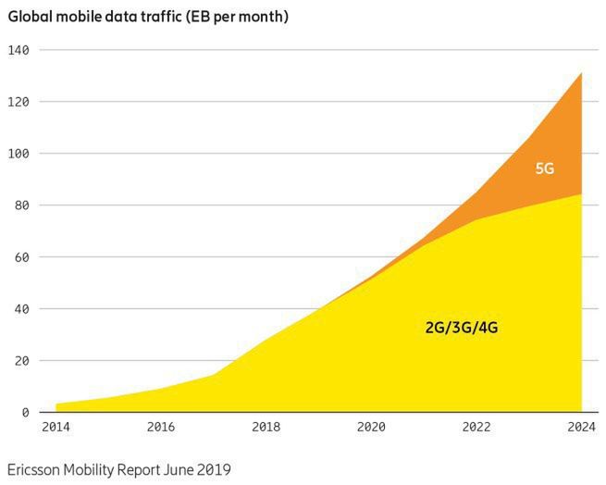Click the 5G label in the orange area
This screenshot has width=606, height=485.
544,168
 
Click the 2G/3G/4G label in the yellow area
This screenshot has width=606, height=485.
462,328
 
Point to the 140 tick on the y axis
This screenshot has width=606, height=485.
19,50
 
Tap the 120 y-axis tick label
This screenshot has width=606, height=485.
19,102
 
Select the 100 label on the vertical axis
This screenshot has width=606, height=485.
19,154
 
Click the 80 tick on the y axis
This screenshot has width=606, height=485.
23,205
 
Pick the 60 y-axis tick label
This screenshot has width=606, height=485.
23,257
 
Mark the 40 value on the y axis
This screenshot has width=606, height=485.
23,309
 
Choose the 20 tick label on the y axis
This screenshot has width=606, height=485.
23,361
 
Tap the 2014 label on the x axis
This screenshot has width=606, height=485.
56,428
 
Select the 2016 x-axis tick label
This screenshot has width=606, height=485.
161,428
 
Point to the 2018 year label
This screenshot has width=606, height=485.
266,428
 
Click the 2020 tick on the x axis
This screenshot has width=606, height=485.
371,428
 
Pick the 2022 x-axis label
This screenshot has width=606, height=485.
476,428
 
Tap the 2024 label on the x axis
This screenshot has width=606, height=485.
581,428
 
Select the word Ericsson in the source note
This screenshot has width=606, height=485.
38,469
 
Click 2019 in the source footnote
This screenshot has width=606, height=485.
212,469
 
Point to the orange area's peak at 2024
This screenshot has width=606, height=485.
581,74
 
